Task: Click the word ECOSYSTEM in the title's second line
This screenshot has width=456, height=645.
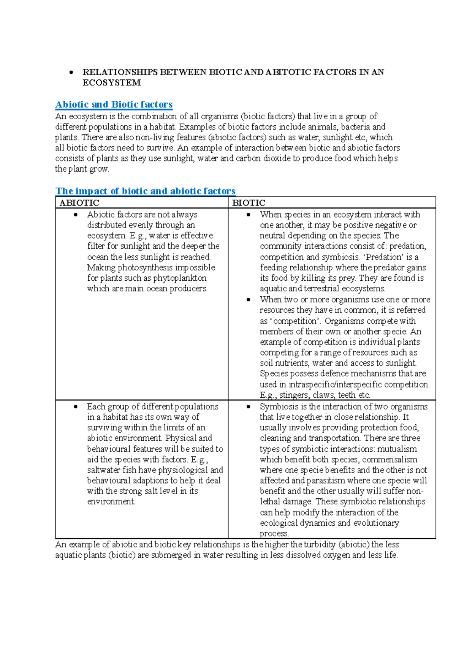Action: [111, 83]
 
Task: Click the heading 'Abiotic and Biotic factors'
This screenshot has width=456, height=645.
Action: [114, 104]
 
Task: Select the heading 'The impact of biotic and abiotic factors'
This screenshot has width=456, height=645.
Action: [146, 191]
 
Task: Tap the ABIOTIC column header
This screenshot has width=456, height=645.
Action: [79, 203]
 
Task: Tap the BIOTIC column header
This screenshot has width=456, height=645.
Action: [249, 203]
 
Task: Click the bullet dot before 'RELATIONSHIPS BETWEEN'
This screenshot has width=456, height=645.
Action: [71, 72]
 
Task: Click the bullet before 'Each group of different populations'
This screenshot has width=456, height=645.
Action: [76, 407]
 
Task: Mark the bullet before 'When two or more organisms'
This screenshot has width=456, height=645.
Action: [249, 300]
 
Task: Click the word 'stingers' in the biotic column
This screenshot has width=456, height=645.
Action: [294, 395]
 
